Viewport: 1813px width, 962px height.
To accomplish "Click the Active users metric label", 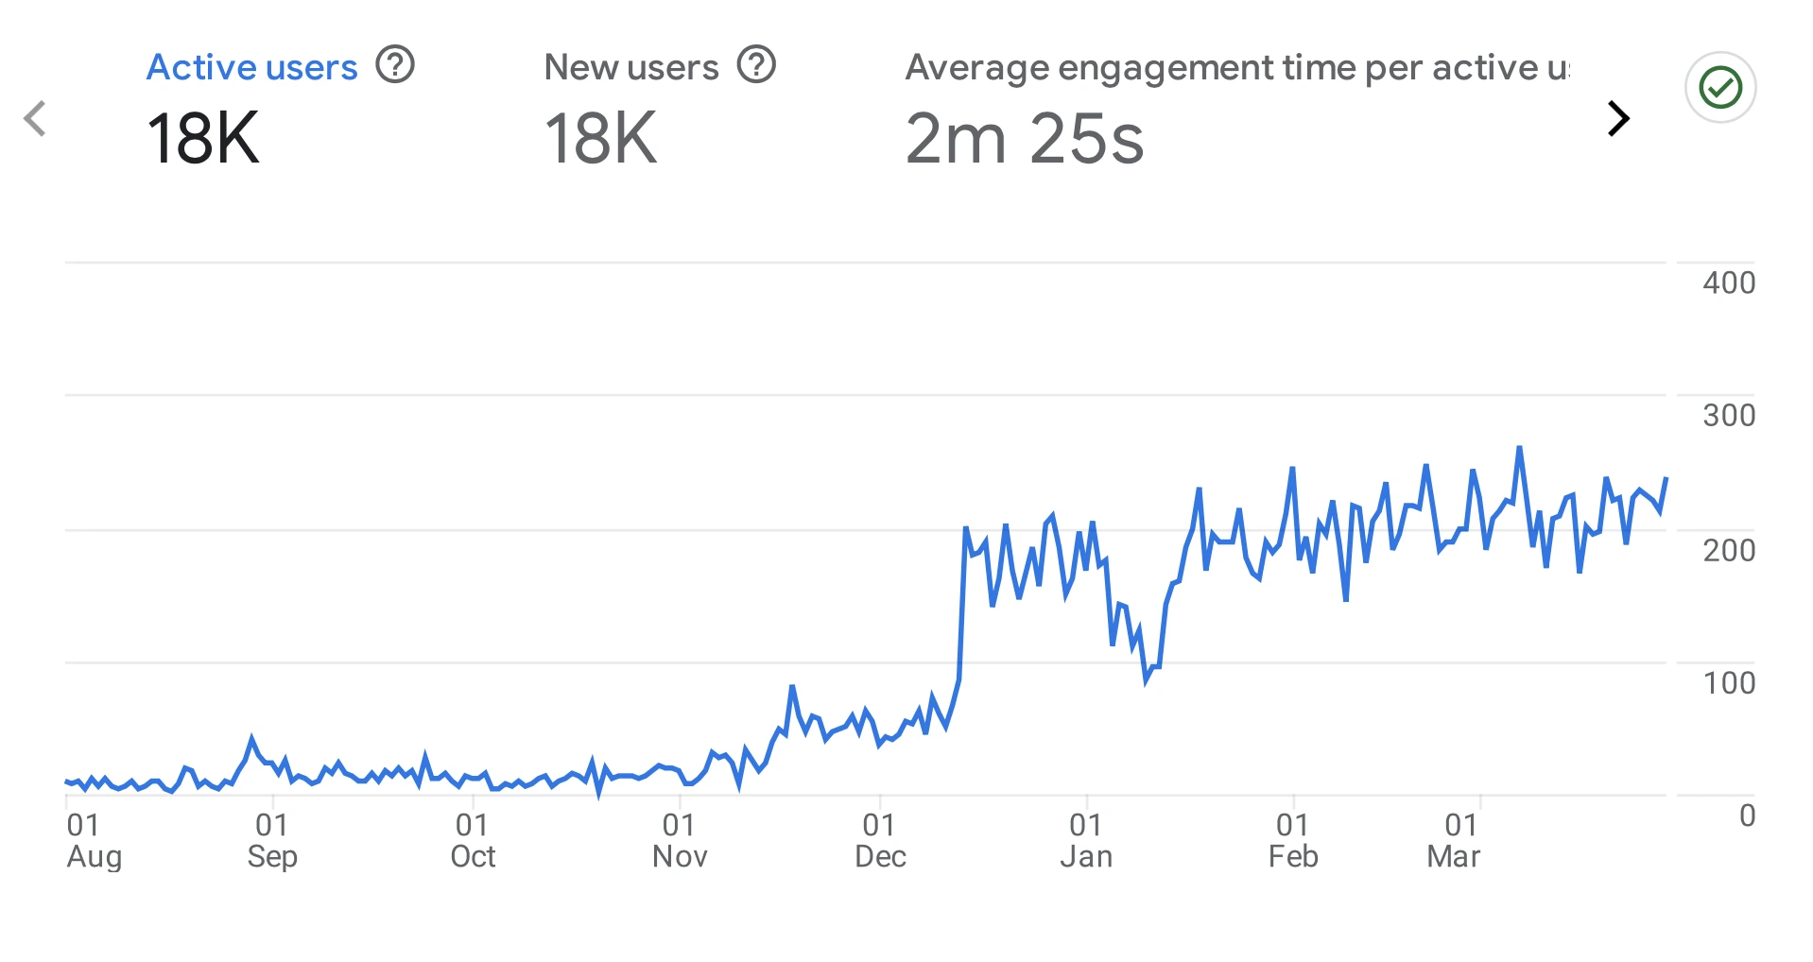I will [x=251, y=67].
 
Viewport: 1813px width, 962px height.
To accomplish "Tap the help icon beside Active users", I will [x=395, y=65].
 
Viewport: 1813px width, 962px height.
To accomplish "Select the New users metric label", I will [x=630, y=67].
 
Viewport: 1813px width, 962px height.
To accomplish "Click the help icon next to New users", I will [x=756, y=65].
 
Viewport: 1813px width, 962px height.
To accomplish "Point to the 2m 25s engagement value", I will [x=1024, y=139].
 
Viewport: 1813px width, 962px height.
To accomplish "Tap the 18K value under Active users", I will [x=202, y=139].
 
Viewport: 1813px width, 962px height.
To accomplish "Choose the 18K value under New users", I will [x=600, y=139].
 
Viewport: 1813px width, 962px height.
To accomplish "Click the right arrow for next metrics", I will [x=1618, y=118].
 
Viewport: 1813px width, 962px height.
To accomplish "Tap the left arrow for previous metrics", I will [x=35, y=118].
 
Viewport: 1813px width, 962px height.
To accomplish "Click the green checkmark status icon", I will [x=1720, y=87].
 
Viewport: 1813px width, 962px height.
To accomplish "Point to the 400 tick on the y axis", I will [x=1728, y=283].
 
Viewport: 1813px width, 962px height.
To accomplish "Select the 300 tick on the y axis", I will [x=1728, y=415].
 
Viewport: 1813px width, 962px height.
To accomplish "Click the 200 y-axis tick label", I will [x=1728, y=550].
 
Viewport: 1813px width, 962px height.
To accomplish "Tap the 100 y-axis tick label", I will [x=1728, y=682].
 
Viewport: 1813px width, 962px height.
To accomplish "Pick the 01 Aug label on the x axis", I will [x=93, y=840].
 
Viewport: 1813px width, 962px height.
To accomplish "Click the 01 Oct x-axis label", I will [x=473, y=840].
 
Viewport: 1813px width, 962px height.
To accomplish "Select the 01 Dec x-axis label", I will [x=880, y=840].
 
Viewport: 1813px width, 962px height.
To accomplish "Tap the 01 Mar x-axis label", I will [x=1454, y=840].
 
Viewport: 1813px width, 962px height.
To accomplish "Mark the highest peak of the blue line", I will [x=1519, y=447].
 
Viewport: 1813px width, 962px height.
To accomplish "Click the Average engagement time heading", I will [x=1236, y=67].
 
